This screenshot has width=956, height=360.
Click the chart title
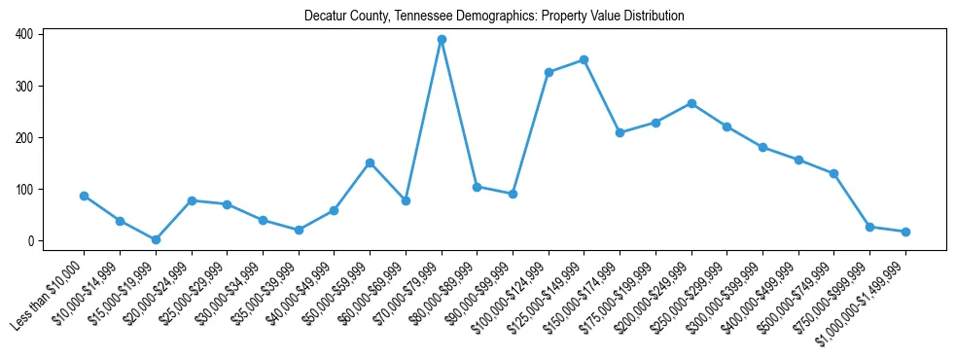[494, 17]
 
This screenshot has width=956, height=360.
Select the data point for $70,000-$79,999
[442, 40]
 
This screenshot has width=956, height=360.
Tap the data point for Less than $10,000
[85, 196]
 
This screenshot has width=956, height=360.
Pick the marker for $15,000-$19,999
[156, 239]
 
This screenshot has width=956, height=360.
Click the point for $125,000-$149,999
[584, 59]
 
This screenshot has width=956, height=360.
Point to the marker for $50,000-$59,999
[371, 162]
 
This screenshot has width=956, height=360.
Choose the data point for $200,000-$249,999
[691, 103]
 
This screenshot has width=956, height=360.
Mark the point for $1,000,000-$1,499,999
[905, 232]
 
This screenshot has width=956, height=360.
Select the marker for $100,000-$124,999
[549, 72]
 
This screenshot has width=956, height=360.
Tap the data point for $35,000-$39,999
[299, 230]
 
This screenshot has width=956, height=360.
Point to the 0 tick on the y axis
[32, 240]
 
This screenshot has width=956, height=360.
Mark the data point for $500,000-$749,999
[834, 173]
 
